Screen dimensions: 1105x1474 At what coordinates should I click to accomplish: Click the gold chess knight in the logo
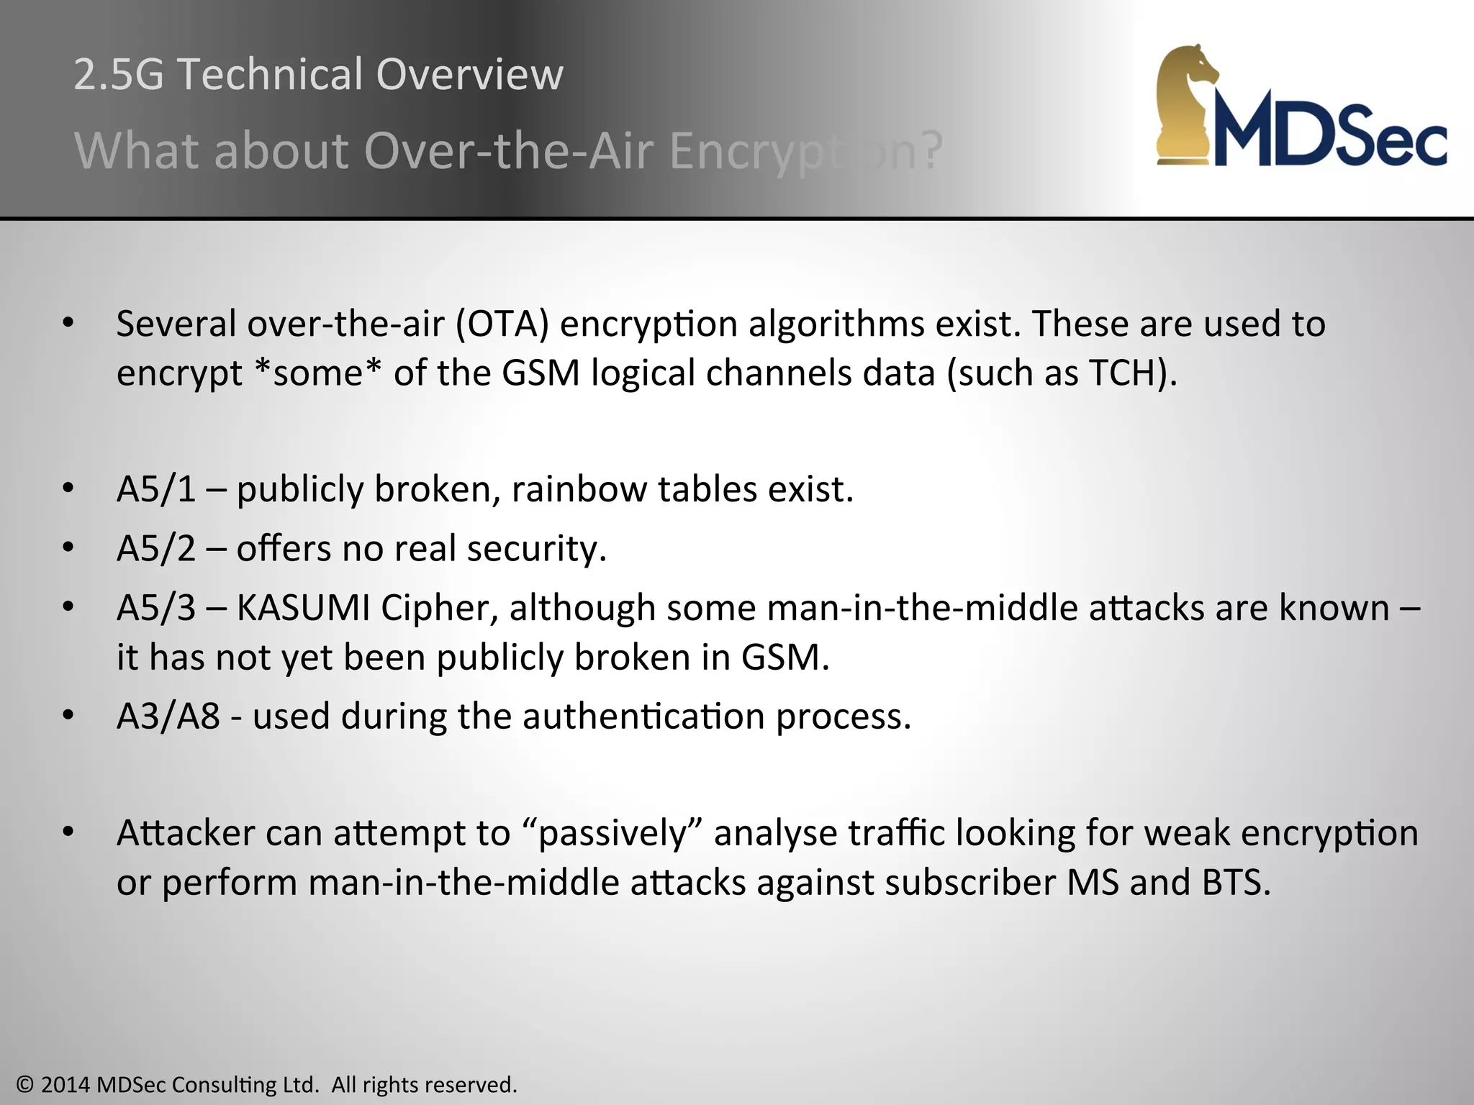click(1188, 104)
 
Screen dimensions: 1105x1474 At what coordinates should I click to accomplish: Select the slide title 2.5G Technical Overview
click(318, 74)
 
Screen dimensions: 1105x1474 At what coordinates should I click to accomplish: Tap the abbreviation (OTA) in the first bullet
click(502, 324)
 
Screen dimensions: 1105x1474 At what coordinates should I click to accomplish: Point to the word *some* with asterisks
click(319, 373)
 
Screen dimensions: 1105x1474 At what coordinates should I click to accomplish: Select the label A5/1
click(156, 489)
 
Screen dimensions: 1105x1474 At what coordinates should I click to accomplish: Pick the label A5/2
click(156, 548)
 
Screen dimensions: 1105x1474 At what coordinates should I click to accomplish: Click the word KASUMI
click(303, 608)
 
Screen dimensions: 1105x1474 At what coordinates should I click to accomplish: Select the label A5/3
click(156, 608)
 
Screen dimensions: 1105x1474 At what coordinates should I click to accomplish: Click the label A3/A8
click(168, 717)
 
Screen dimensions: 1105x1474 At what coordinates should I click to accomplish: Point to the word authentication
click(643, 717)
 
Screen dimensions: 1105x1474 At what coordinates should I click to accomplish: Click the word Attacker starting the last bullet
click(185, 833)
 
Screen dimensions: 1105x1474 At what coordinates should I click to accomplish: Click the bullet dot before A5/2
click(68, 548)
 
